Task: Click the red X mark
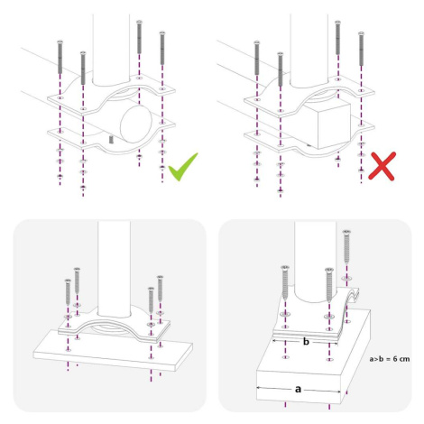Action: (x=382, y=166)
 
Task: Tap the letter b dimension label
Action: (x=306, y=342)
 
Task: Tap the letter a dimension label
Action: (x=298, y=389)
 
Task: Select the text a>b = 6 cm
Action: (x=390, y=359)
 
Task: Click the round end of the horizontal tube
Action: (x=136, y=124)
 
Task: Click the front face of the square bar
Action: (x=334, y=124)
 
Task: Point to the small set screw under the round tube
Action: (x=111, y=139)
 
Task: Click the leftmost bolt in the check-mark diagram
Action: (x=60, y=57)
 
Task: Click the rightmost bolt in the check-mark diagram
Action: (x=162, y=48)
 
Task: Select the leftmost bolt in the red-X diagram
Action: (x=256, y=58)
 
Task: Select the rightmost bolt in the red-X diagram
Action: (x=361, y=49)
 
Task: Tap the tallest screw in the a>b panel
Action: (x=346, y=246)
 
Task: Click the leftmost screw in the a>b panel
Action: (x=285, y=282)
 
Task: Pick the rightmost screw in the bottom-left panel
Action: (x=161, y=288)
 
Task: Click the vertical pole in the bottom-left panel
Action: (x=115, y=269)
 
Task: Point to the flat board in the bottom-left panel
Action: (x=113, y=350)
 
